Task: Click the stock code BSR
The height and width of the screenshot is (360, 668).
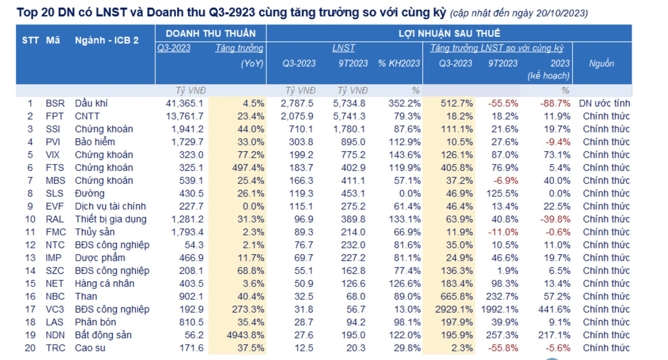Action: pyautogui.click(x=55, y=103)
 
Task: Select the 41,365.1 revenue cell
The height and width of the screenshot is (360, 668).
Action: pyautogui.click(x=184, y=103)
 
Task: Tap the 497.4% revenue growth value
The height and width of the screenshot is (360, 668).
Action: pyautogui.click(x=248, y=168)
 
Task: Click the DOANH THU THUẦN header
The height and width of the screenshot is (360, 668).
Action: pyautogui.click(x=211, y=33)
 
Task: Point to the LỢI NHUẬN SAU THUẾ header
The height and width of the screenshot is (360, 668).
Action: pyautogui.click(x=449, y=33)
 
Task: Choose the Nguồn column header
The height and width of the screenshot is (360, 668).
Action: pyautogui.click(x=601, y=64)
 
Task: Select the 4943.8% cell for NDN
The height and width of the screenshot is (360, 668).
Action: pyautogui.click(x=245, y=335)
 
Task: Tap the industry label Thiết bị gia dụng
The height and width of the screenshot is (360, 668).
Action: pyautogui.click(x=110, y=219)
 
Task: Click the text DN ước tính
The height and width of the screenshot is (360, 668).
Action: pyautogui.click(x=604, y=103)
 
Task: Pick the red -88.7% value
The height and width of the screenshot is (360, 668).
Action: pyautogui.click(x=555, y=103)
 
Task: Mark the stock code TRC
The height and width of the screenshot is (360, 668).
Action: pyautogui.click(x=55, y=348)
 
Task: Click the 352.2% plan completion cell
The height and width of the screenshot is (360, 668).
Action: pyautogui.click(x=404, y=103)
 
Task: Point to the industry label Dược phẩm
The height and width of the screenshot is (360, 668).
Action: pyautogui.click(x=100, y=258)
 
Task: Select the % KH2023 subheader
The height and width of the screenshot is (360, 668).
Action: pyautogui.click(x=399, y=64)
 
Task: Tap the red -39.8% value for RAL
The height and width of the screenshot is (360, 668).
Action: pyautogui.click(x=555, y=219)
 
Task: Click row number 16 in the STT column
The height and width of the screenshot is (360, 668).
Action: pyautogui.click(x=30, y=297)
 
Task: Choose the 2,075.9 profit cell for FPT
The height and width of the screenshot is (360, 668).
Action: pyautogui.click(x=297, y=116)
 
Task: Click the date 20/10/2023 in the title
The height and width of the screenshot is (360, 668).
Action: pyautogui.click(x=561, y=14)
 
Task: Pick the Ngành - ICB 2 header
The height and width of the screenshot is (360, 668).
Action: pyautogui.click(x=107, y=40)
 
